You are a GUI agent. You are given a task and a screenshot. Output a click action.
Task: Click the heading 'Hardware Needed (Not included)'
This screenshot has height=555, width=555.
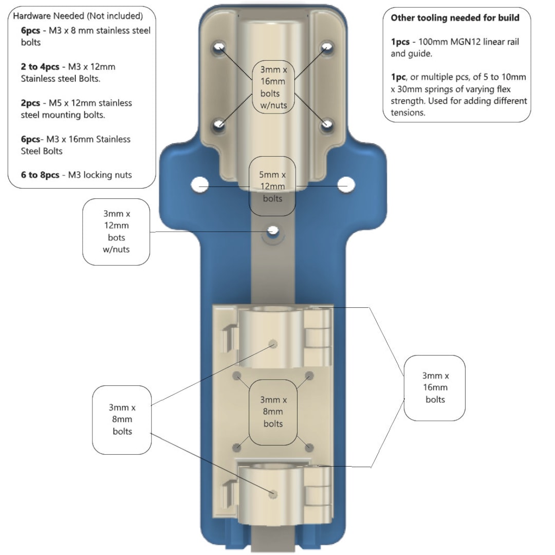point(78,16)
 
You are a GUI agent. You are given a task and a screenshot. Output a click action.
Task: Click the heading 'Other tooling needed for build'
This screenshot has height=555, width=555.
point(455,17)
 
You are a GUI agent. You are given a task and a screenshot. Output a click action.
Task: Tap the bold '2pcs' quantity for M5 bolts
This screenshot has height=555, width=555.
point(30,103)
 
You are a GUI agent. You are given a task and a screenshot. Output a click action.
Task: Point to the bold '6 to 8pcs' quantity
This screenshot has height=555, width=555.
point(40,175)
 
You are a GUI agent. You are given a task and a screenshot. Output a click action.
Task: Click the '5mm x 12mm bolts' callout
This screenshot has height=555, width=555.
point(272,186)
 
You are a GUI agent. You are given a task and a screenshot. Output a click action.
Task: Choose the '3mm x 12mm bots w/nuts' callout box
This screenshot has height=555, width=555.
point(116,232)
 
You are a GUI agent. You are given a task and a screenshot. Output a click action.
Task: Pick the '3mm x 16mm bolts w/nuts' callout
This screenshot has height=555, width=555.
point(273,87)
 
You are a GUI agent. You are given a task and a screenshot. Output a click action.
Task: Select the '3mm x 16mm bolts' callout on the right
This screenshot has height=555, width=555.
point(435,388)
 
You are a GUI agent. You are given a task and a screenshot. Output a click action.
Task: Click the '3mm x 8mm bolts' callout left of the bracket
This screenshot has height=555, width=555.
point(122,420)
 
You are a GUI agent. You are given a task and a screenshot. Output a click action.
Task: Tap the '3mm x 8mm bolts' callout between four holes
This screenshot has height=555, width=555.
point(273,412)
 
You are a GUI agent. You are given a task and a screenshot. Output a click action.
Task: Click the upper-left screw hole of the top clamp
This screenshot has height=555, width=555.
point(219,47)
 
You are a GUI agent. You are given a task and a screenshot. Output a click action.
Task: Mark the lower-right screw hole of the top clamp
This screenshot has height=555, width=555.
point(327,124)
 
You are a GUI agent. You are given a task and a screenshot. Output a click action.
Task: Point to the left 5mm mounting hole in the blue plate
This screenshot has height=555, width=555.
point(199,185)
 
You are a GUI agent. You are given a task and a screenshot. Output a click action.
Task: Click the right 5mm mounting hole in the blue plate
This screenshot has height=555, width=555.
point(346,185)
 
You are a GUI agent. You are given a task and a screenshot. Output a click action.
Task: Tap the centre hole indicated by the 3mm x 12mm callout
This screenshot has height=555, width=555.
point(272,231)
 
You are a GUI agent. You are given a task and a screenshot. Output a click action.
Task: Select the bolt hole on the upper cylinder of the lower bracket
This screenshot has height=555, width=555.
point(273,344)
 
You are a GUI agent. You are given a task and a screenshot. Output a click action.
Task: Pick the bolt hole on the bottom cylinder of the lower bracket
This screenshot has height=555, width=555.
point(273,494)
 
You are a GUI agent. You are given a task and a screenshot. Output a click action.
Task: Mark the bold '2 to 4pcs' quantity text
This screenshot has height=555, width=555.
point(40,67)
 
